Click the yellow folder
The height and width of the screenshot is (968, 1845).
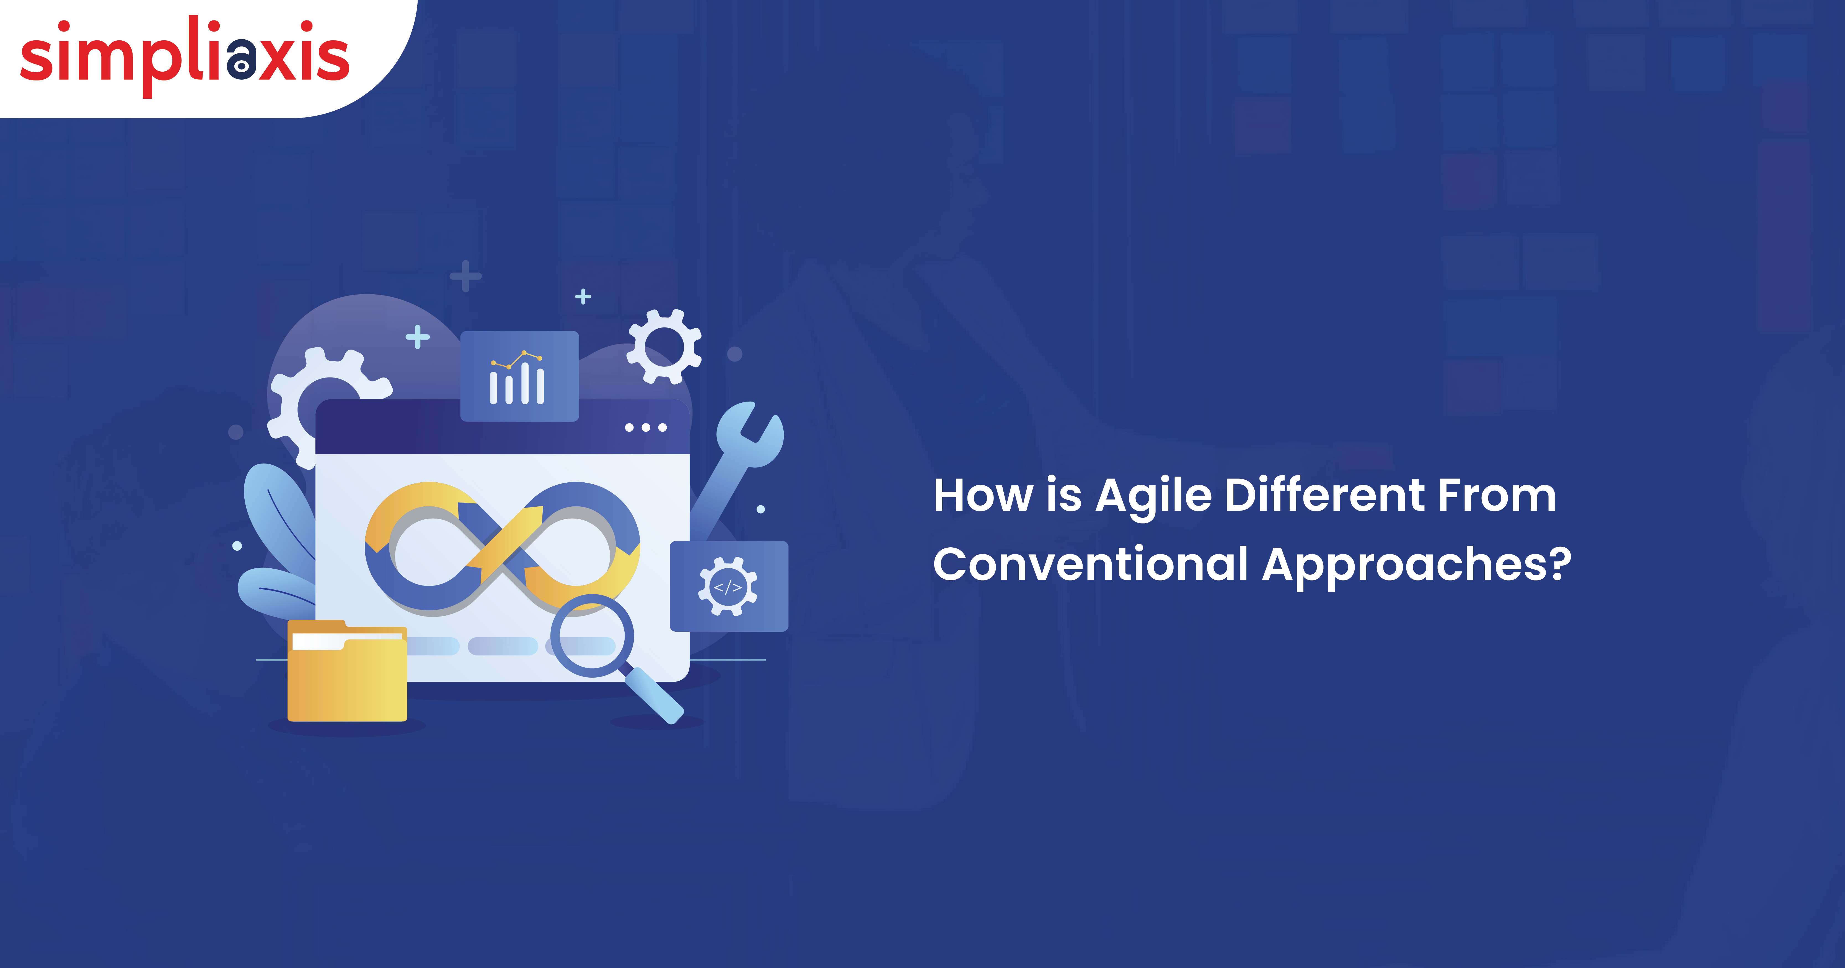pos(347,671)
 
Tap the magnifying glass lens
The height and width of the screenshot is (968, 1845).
pos(592,636)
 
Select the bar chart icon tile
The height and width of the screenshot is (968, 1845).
pos(519,376)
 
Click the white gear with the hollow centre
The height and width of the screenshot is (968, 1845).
pos(664,347)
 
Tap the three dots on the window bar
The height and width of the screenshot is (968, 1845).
pos(646,427)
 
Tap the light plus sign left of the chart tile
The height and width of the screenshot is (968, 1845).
pos(418,337)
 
